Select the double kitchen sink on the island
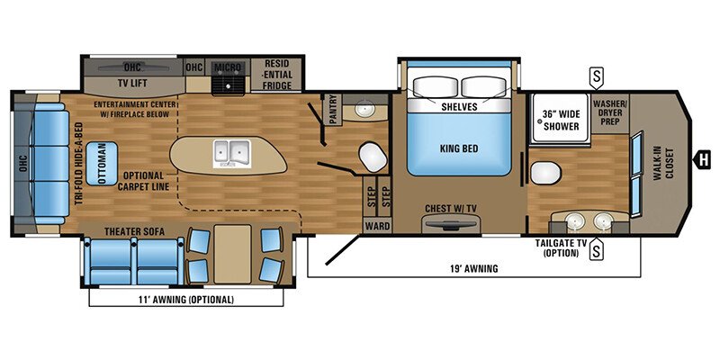230,153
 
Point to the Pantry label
332,110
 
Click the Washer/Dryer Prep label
609,114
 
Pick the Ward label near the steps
376,226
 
